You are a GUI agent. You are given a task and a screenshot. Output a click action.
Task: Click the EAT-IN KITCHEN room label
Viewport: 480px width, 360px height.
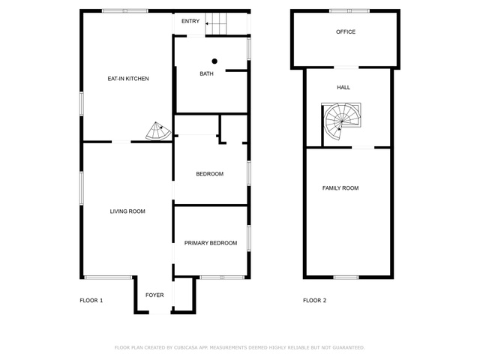(128, 79)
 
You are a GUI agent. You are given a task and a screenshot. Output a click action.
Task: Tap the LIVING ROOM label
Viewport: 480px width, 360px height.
(127, 211)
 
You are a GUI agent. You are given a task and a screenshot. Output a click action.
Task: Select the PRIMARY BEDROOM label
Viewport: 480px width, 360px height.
(211, 243)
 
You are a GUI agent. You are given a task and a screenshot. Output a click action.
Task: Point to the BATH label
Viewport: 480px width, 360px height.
(207, 73)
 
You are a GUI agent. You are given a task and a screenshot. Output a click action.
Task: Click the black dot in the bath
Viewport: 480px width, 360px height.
(214, 61)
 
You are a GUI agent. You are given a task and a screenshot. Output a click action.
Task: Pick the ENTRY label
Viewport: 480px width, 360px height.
(190, 21)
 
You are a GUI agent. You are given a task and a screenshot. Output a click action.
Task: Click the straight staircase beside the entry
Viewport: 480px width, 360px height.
(216, 23)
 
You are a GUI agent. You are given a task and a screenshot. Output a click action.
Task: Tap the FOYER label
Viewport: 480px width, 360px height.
(154, 295)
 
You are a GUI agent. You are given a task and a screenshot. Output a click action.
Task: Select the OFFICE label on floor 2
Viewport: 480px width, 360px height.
(346, 31)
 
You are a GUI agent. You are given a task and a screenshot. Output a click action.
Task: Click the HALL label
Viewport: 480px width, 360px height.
(343, 88)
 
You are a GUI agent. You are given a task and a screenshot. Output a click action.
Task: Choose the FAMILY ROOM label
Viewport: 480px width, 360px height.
(340, 188)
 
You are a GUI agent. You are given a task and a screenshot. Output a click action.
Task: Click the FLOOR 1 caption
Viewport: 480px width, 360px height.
(91, 301)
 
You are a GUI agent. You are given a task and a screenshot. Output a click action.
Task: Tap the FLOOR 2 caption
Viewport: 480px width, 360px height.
(315, 301)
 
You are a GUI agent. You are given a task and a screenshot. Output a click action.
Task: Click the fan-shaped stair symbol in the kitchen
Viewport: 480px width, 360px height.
(158, 131)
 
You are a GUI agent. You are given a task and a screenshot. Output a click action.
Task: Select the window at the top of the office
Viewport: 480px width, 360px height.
(349, 11)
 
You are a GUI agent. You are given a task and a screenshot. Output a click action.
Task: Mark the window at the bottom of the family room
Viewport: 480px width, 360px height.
(346, 277)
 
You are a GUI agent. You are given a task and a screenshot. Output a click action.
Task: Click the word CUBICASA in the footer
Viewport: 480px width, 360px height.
(186, 348)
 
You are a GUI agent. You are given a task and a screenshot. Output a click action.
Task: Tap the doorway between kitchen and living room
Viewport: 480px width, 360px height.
(121, 142)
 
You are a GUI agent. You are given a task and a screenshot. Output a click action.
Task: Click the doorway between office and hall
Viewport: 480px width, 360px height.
(346, 67)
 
